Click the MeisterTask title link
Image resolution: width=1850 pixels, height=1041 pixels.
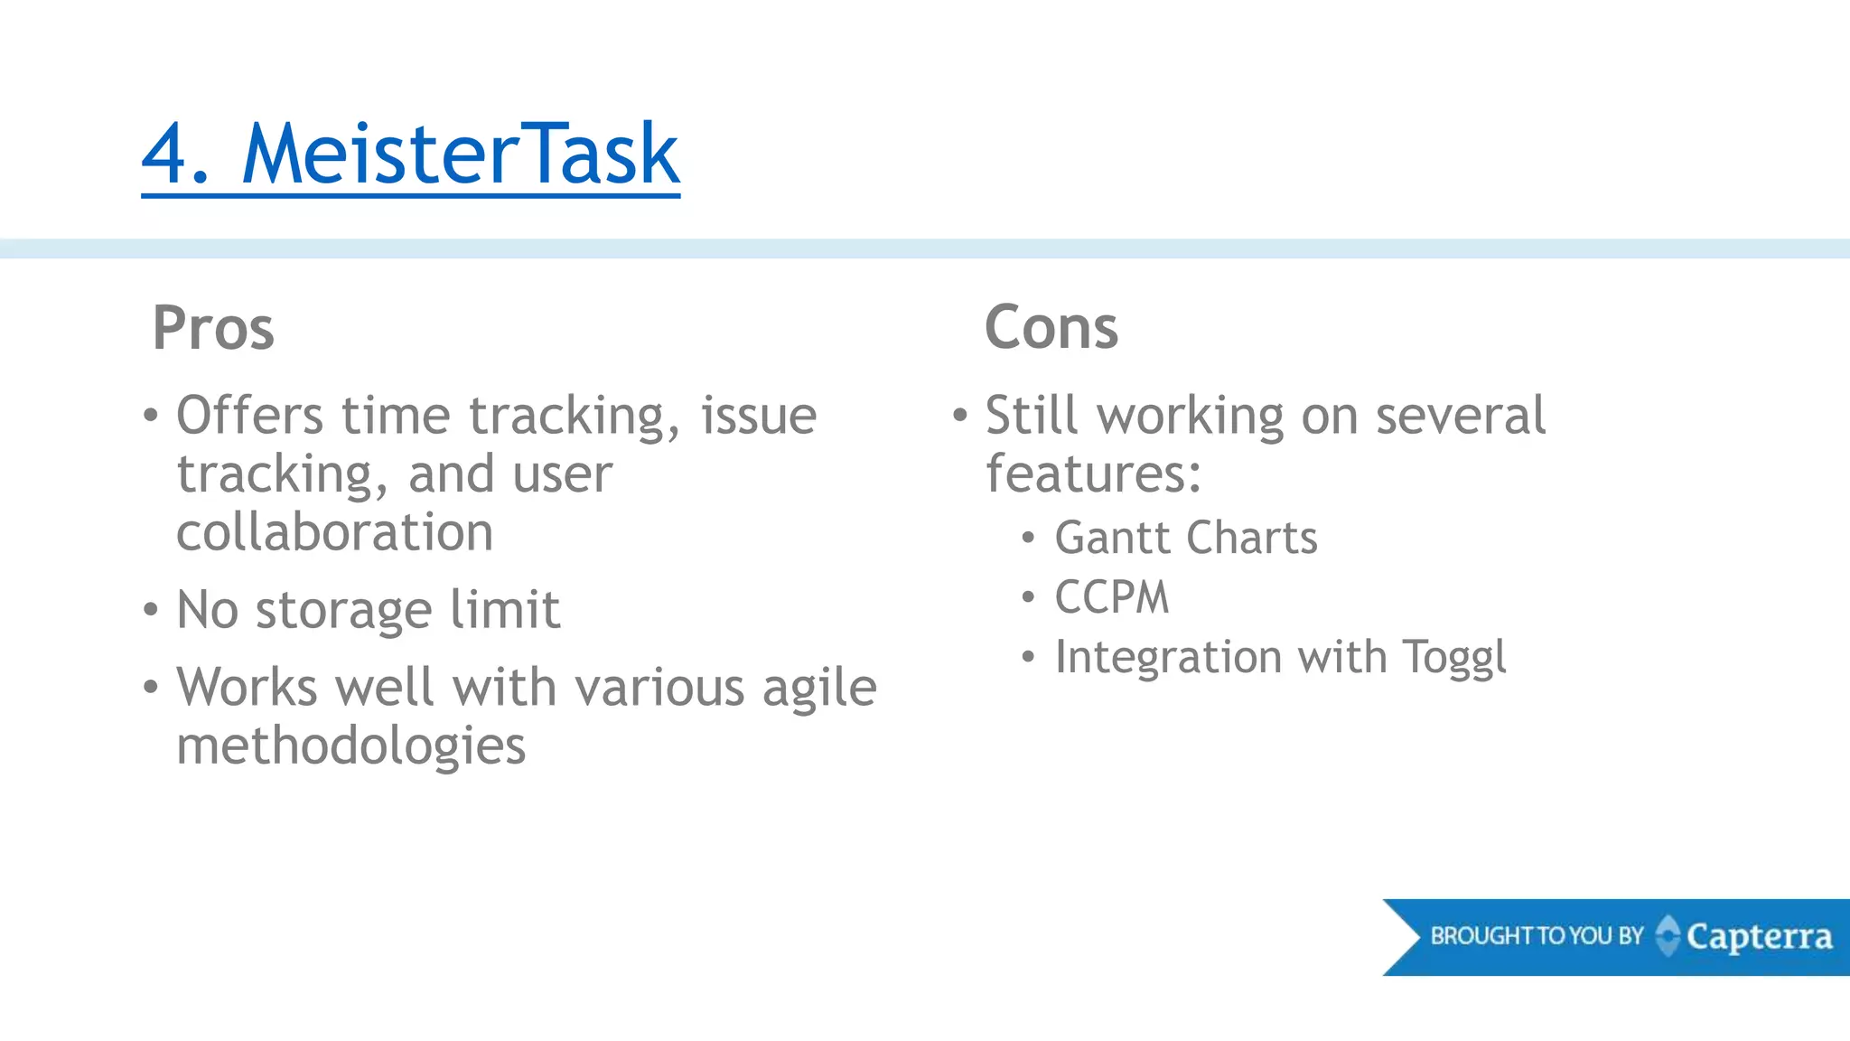point(460,155)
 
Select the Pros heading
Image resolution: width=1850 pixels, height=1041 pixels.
point(213,328)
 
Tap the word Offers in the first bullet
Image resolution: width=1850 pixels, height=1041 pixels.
point(249,417)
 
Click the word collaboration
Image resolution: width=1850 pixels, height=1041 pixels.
point(334,532)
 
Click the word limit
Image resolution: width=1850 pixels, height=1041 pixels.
point(505,610)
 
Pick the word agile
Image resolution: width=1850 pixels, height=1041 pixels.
point(819,689)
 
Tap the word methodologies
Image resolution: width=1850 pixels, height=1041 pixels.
point(350,746)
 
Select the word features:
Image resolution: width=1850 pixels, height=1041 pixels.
point(1093,474)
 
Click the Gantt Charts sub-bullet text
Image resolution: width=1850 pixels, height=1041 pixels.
point(1186,539)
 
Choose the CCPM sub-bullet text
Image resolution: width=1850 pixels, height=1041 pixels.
point(1112,598)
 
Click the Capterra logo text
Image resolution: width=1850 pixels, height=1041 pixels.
point(1759,937)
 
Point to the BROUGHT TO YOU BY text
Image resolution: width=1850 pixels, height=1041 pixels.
point(1537,936)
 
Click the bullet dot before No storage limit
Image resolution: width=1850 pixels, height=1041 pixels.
point(151,609)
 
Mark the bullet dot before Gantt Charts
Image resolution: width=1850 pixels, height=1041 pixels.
point(1028,539)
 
